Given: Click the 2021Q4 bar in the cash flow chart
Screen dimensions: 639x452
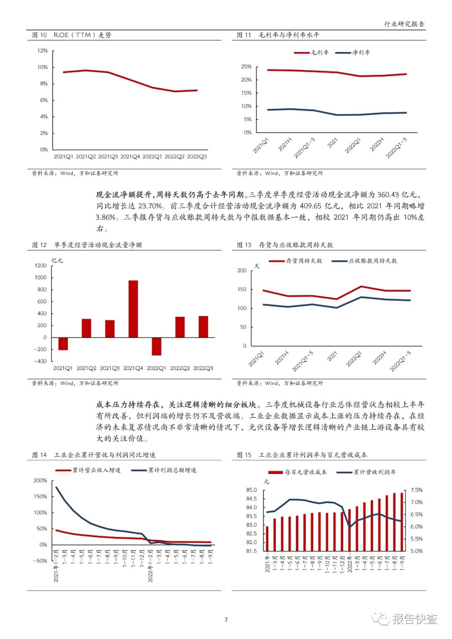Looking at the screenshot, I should pos(133,309).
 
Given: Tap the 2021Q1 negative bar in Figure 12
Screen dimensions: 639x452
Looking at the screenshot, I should pos(63,344).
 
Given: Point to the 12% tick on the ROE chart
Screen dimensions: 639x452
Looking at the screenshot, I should pos(43,51).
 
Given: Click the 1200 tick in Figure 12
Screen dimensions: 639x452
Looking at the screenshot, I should pos(41,266).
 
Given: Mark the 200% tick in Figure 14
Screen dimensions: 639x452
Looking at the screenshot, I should pos(41,480).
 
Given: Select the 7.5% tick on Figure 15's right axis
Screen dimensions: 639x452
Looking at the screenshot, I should pos(416,490).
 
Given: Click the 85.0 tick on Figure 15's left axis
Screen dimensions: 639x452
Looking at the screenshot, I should pos(252,490).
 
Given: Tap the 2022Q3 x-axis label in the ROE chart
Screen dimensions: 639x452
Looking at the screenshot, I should pos(197,157).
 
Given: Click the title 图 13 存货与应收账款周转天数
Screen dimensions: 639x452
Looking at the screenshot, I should pos(285,245).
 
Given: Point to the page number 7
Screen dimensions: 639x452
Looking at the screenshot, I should pos(226,620).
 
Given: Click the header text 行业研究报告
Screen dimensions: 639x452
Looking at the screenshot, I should pos(404,24).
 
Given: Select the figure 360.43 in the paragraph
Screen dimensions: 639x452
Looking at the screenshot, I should pos(388,195).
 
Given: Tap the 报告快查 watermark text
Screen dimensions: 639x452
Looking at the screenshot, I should pos(414,619).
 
